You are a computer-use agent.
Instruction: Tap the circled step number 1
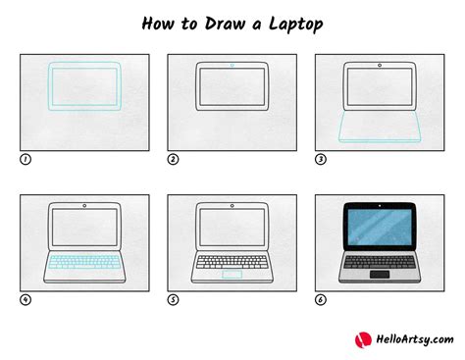[25, 159]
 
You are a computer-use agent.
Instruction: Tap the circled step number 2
[173, 159]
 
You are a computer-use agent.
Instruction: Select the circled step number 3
[320, 159]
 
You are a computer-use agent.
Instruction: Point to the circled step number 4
[25, 300]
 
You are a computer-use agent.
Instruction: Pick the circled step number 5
[173, 300]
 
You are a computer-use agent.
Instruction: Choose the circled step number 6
[320, 300]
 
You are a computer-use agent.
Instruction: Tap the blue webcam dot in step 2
[232, 67]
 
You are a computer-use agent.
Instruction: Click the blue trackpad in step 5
[232, 274]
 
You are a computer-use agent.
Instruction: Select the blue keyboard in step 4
[84, 261]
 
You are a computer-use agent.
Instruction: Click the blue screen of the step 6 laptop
[380, 230]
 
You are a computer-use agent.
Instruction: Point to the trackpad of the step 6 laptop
[380, 274]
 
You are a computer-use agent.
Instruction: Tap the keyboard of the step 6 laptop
[380, 261]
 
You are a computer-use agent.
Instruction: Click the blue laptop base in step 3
[380, 128]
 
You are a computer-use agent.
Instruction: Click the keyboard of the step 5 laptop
[232, 261]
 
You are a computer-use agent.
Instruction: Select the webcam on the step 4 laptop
[84, 207]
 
